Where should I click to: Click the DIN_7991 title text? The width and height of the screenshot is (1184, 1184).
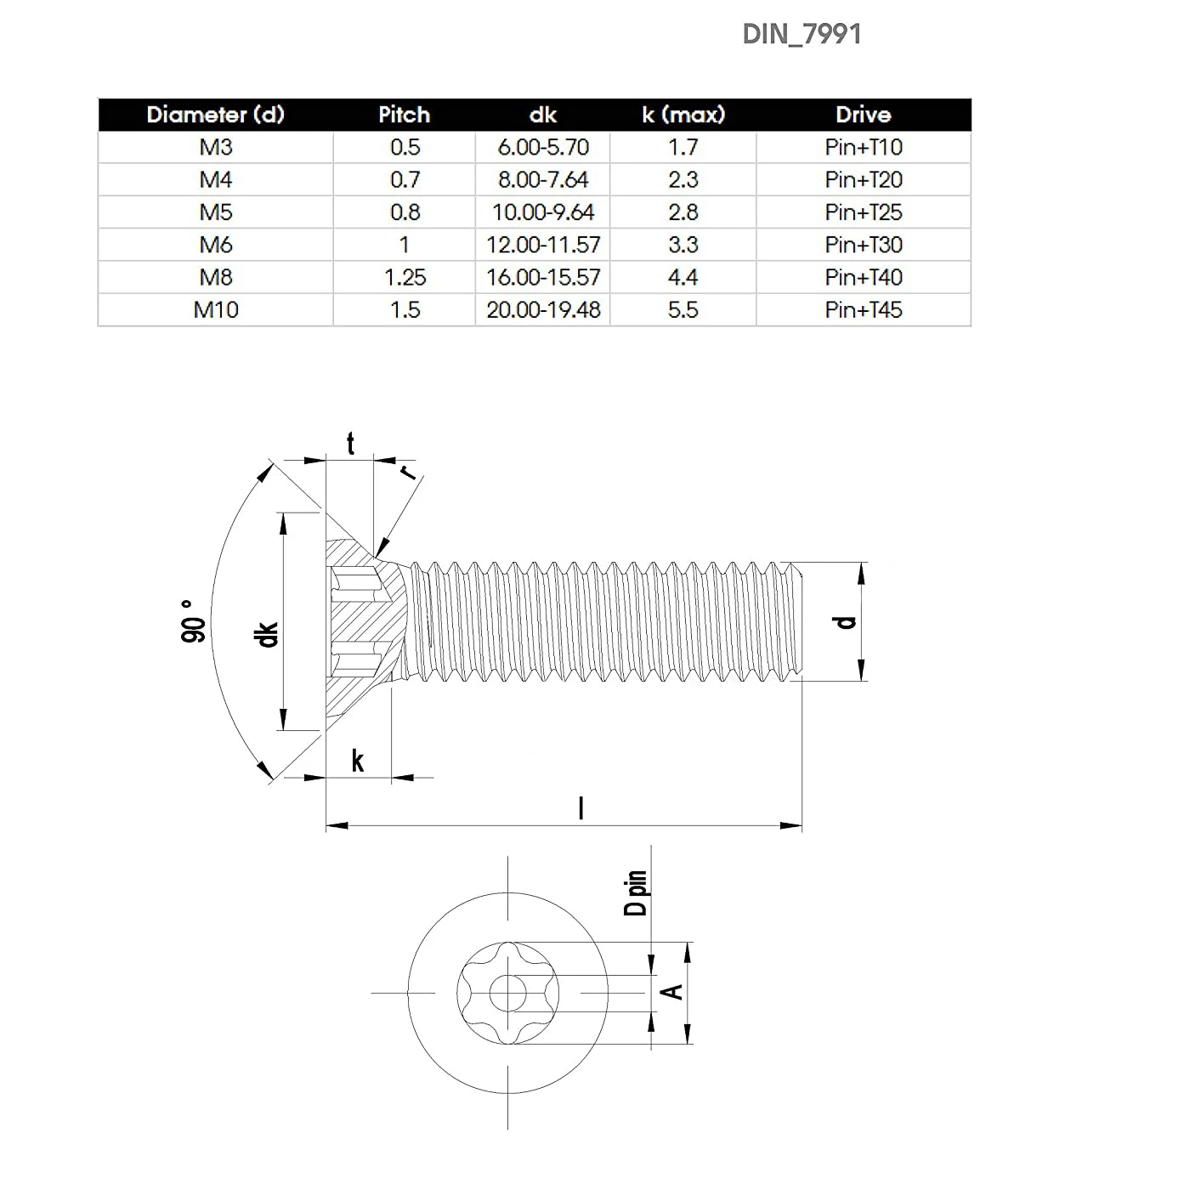[802, 34]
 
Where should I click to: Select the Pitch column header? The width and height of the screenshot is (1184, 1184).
[404, 115]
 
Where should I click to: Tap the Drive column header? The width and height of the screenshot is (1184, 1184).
[863, 115]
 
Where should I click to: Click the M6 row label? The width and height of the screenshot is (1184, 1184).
[216, 245]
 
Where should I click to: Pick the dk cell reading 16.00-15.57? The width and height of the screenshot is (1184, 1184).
[543, 277]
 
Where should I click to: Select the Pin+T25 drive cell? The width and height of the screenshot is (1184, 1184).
[863, 212]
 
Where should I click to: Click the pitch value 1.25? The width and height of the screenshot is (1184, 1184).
[405, 277]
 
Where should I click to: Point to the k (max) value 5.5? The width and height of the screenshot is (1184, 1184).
[683, 309]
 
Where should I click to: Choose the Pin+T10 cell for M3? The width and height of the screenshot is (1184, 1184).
[863, 147]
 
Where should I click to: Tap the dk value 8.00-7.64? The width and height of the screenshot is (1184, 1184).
[543, 180]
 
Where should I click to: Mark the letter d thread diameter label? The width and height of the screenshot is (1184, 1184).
[846, 622]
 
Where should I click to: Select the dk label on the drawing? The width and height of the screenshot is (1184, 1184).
[268, 634]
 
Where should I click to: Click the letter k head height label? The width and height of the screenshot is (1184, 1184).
[358, 761]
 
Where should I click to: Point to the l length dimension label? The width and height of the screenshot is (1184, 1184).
[581, 807]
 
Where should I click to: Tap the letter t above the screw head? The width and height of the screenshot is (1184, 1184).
[350, 444]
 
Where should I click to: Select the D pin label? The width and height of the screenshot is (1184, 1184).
[637, 892]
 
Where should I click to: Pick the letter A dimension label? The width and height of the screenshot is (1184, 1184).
[672, 991]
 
